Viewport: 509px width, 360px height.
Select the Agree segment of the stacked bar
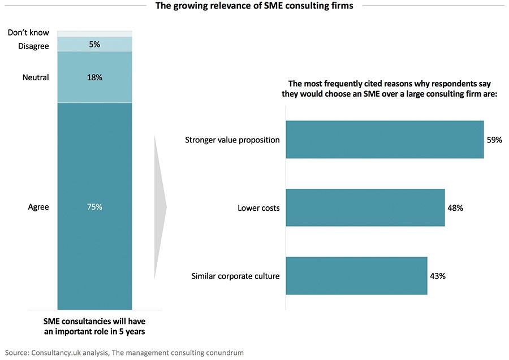pos(94,237)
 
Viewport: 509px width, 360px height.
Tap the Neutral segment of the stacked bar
pos(94,85)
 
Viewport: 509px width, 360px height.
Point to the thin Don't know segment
pos(94,33)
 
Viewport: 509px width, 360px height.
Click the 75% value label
pos(94,207)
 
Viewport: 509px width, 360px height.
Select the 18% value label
pos(94,77)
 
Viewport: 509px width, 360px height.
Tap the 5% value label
pos(94,44)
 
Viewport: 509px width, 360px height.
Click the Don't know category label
pos(28,33)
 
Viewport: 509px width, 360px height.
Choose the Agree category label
pos(38,207)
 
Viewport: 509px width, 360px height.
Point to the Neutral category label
pos(36,77)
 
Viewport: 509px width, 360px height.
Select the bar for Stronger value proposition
pos(385,139)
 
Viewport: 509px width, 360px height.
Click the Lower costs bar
pos(365,208)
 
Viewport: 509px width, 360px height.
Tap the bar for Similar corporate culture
pos(356,276)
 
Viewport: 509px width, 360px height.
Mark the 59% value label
pos(494,140)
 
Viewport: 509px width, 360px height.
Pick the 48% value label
pos(455,208)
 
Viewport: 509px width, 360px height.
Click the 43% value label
pos(438,276)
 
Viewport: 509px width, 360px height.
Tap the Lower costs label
pos(258,208)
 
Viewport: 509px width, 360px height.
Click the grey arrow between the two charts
pos(159,207)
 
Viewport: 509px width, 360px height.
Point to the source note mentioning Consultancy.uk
pos(124,352)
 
